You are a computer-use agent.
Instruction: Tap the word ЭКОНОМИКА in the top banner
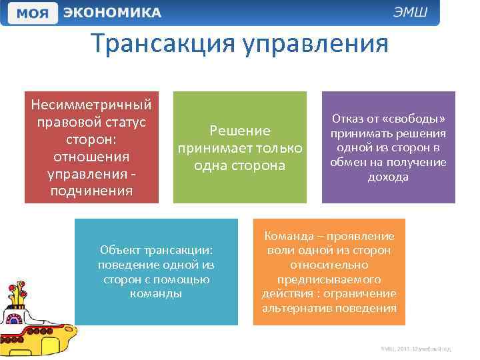tap(113, 13)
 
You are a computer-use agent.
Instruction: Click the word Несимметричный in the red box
tap(92, 105)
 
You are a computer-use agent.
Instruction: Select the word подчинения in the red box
tap(92, 191)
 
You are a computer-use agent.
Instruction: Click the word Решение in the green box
tap(240, 131)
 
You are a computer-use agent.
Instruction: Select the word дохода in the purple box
tap(388, 177)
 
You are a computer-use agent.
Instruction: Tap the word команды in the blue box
tap(156, 293)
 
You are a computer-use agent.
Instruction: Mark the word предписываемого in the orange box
tap(329, 279)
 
